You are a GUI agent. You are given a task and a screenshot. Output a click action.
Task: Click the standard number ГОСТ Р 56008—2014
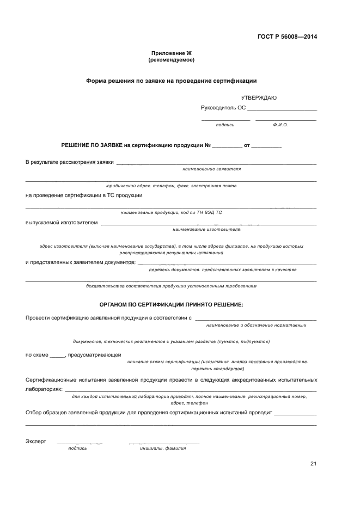[x=287, y=37]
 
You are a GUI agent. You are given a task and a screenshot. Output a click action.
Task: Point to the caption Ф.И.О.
[x=280, y=125]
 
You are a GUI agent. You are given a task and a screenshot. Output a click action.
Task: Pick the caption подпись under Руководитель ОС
[x=225, y=125]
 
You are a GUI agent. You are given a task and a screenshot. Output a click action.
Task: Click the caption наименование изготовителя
[x=206, y=229]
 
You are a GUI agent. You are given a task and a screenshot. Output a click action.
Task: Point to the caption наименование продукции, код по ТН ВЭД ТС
[x=171, y=212]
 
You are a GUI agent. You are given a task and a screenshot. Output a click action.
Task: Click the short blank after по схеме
[x=57, y=356]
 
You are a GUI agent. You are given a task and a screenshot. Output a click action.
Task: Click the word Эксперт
[x=36, y=441]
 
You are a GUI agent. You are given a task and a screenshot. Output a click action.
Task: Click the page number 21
[x=313, y=463]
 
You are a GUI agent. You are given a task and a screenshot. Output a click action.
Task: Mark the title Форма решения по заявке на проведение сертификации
[x=171, y=81]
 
